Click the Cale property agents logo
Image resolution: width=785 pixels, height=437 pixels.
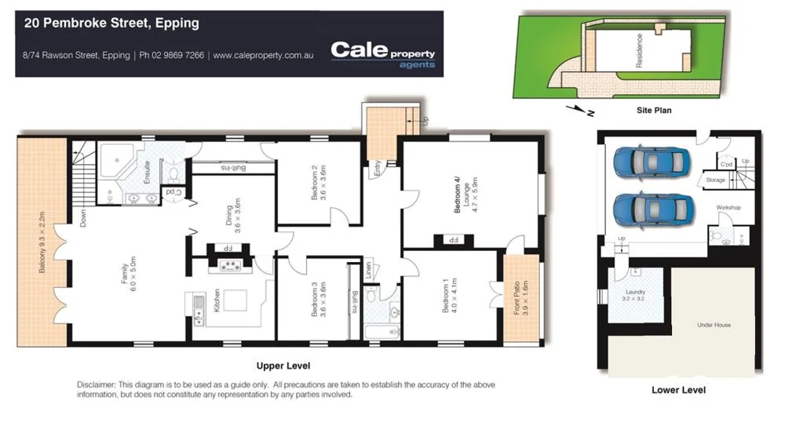click(382, 53)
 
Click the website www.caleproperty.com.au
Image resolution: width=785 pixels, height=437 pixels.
click(263, 56)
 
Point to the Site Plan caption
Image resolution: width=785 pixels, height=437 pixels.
click(653, 111)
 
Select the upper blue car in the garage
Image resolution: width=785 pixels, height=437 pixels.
click(652, 162)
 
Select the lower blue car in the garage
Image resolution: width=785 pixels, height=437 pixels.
click(652, 209)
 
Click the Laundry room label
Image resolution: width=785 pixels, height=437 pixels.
click(634, 295)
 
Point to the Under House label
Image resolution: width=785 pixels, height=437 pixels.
click(714, 324)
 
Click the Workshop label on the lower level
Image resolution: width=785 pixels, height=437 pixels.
click(728, 207)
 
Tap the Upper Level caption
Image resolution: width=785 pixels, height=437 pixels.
click(283, 366)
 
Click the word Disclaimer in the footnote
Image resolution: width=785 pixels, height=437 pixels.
click(96, 384)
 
